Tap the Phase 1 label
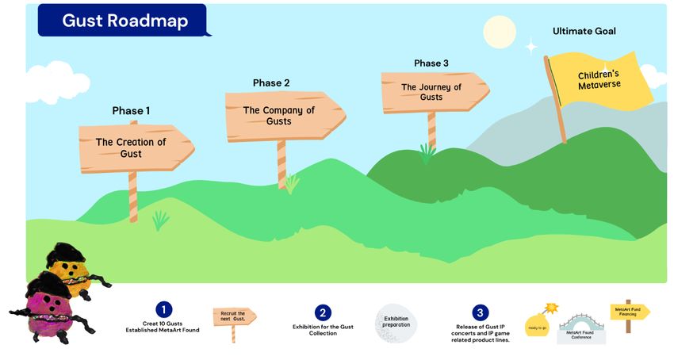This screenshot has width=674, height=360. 131,111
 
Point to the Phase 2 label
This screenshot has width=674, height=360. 271,83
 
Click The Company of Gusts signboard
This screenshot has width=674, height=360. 282,116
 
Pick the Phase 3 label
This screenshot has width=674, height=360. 431,63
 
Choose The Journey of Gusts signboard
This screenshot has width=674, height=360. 432,92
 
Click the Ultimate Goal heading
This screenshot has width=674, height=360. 584,32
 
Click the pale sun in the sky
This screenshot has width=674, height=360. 500,32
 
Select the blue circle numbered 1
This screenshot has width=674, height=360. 163,310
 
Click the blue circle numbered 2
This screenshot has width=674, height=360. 323,312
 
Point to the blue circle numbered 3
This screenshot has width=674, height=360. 481,312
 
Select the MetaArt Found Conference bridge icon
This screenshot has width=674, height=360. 582,326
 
